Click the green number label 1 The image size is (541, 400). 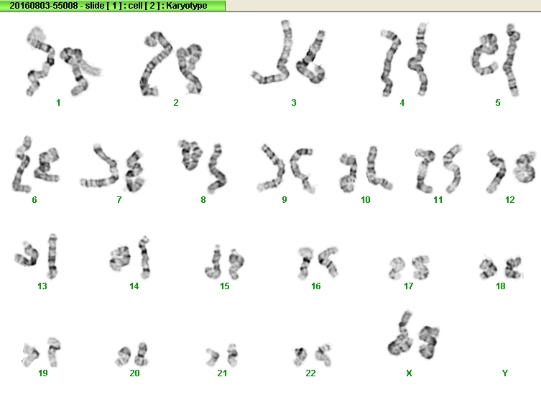pos(58,103)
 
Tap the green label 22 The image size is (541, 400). pos(310,373)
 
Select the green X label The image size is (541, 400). pos(409,373)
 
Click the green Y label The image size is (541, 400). pos(505,373)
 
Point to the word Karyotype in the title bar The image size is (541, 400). pos(186,6)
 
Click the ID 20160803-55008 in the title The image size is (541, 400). pos(44,6)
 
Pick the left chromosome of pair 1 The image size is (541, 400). pos(40,61)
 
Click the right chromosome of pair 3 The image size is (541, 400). pos(312,58)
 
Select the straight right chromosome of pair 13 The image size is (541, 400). pos(52,256)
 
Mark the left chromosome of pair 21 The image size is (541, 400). pos(213,357)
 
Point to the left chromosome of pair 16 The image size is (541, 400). pos(305,262)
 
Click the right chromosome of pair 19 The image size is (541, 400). pos(53,352)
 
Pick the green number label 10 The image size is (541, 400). pos(366,200)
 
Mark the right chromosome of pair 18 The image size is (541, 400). pos(514,268)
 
